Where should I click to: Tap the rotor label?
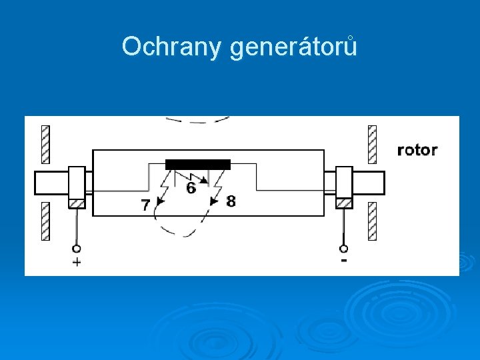[x=417, y=149]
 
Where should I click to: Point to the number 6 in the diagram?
[x=191, y=189]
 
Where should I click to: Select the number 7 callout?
[x=145, y=206]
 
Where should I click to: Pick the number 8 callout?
[x=231, y=201]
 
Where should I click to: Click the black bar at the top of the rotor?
[x=198, y=164]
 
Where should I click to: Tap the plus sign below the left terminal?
[x=77, y=262]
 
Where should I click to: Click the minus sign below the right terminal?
[x=344, y=261]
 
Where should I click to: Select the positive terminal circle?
[x=77, y=249]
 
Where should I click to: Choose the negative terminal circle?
[x=344, y=249]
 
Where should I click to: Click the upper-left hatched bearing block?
[x=45, y=145]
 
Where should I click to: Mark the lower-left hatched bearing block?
[x=45, y=221]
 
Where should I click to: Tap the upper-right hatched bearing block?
[x=372, y=145]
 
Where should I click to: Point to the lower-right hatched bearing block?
[x=372, y=221]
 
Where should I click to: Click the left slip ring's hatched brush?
[x=77, y=203]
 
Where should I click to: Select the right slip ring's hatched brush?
[x=344, y=203]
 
